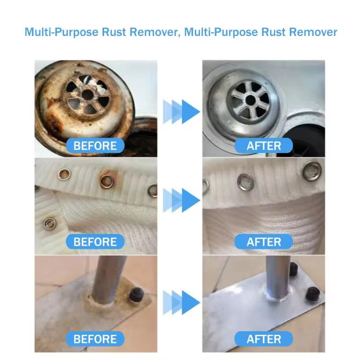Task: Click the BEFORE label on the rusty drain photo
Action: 95,146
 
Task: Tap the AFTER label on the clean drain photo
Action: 264,146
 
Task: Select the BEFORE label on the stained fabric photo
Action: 95,242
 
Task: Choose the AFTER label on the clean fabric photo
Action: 264,242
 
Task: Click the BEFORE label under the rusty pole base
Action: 95,338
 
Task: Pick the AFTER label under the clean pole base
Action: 264,338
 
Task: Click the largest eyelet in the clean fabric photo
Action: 312,171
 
